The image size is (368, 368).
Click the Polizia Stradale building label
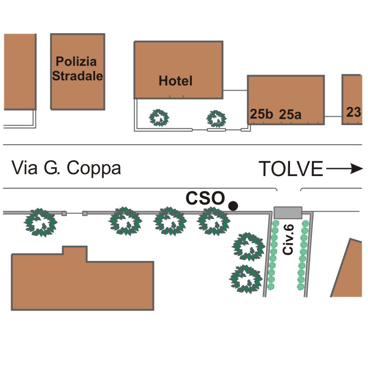[77, 69]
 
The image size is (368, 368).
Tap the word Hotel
[176, 81]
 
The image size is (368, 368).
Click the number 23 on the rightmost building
[354, 112]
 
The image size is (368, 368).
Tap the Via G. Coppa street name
[66, 168]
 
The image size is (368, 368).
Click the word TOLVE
[290, 169]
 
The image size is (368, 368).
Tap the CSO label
[205, 198]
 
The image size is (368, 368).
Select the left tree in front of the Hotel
[159, 118]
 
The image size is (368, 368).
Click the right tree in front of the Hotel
[216, 118]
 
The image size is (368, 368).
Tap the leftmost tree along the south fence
[42, 222]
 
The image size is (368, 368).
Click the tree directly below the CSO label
[213, 221]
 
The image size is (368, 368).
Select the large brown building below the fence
[82, 283]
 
